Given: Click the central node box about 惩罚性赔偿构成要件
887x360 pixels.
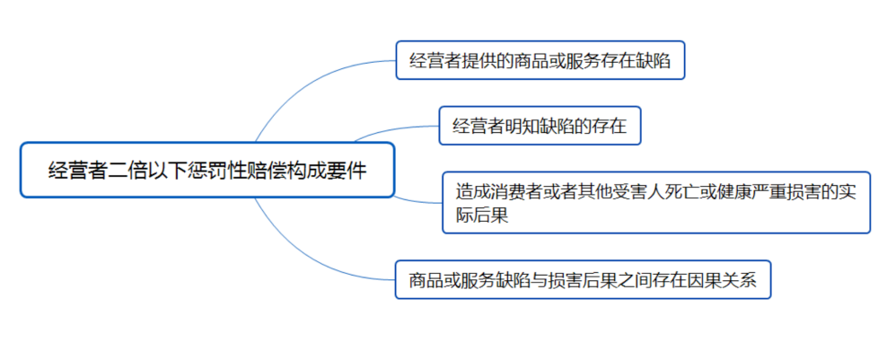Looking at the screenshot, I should coord(206,170).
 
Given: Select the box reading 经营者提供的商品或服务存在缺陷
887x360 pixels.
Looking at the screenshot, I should coord(540,60).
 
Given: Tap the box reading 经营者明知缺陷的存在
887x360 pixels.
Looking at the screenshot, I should coord(539,126).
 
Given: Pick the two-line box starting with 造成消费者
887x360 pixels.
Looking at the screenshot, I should coord(655,202).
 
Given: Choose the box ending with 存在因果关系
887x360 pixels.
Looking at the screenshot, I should coord(583,280).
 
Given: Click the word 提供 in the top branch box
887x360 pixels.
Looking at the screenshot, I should coord(479,61).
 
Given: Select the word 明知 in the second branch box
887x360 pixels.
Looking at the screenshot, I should coord(522,127).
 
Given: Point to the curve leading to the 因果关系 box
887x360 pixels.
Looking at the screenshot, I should coord(305,255).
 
